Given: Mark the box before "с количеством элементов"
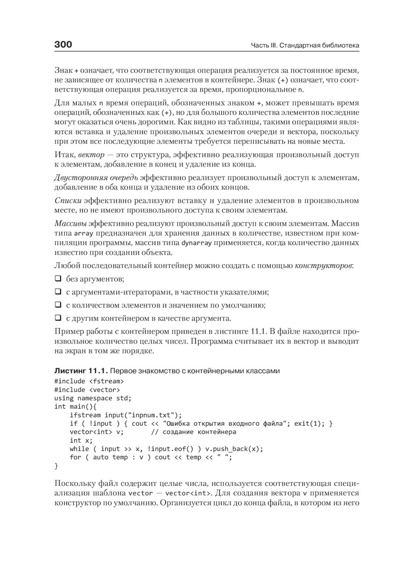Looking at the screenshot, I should [x=58, y=305].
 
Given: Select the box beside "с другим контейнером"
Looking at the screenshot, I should [x=58, y=318].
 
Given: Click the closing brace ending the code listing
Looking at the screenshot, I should [x=56, y=466].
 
